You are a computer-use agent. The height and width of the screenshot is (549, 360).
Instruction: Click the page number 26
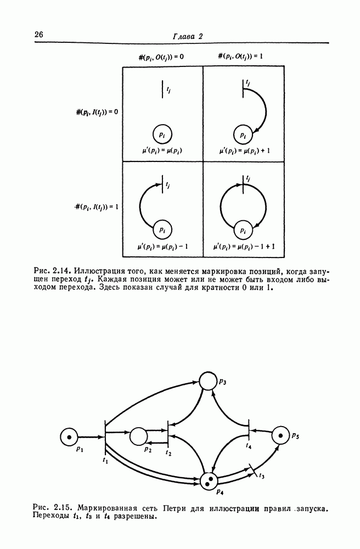[x=39, y=35]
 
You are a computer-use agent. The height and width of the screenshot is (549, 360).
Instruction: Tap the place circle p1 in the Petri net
[x=70, y=437]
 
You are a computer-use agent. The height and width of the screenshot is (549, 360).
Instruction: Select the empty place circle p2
[x=139, y=436]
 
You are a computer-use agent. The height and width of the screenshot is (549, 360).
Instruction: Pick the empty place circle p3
[x=209, y=380]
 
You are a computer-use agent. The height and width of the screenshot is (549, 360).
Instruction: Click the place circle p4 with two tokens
[x=209, y=481]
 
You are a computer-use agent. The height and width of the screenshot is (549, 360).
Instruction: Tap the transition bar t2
[x=168, y=436]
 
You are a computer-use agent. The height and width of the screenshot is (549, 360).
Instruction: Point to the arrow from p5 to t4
[x=261, y=432]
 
